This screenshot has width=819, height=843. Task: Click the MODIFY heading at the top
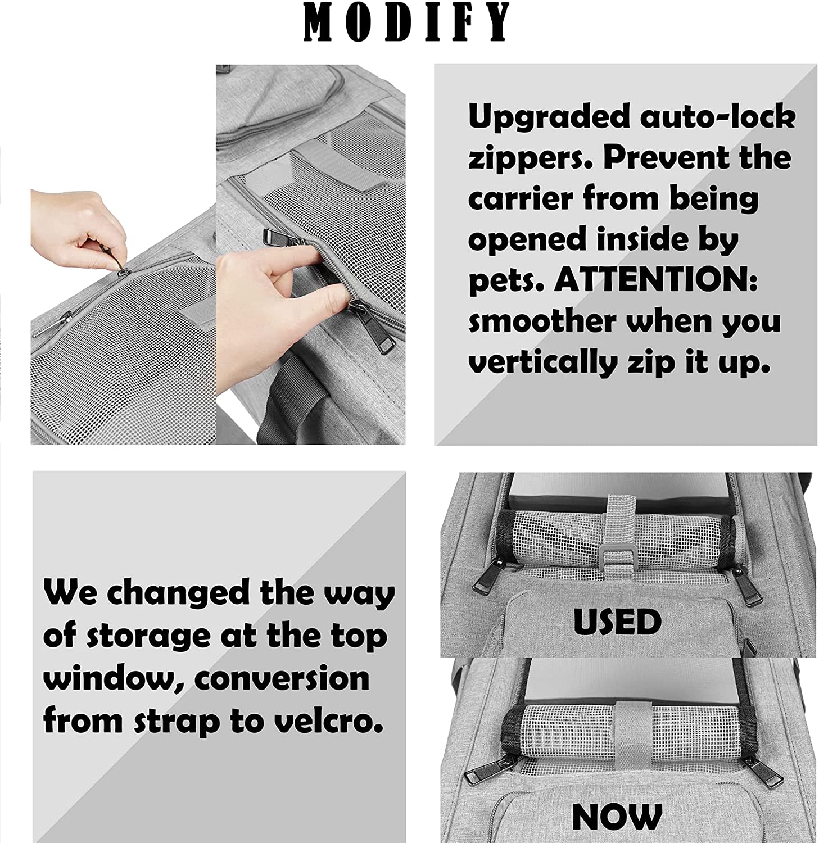pos(406,22)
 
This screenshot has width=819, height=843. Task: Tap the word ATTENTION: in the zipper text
pos(655,280)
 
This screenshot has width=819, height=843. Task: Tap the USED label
pos(617,622)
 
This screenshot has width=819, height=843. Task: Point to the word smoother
pos(542,321)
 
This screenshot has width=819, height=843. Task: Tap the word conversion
pos(282,678)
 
